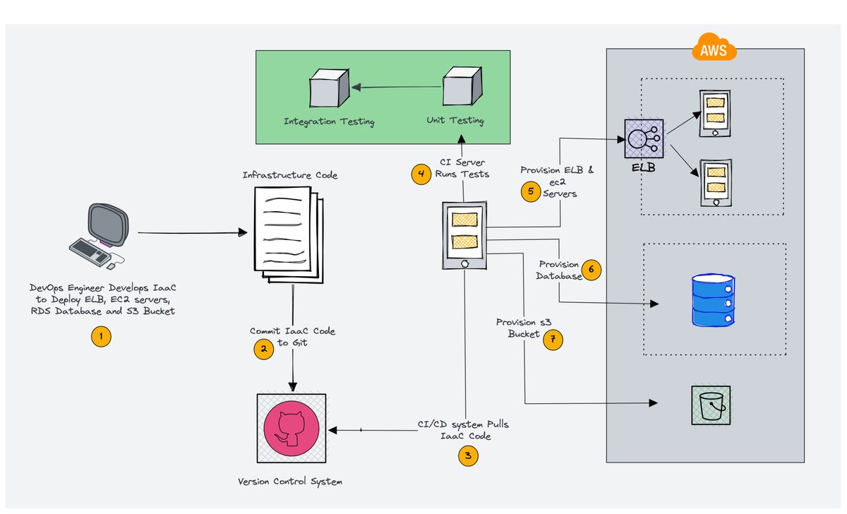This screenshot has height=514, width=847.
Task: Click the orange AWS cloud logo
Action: pyautogui.click(x=714, y=50)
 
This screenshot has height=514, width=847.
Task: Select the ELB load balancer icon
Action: pyautogui.click(x=642, y=139)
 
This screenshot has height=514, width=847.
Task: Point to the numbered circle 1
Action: pyautogui.click(x=102, y=337)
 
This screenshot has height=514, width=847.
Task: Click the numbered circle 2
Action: pyautogui.click(x=264, y=349)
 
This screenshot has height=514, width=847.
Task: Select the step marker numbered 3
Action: pyautogui.click(x=468, y=457)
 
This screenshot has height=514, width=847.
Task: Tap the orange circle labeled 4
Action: pyautogui.click(x=421, y=174)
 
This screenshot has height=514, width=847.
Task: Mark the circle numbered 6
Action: pyautogui.click(x=591, y=270)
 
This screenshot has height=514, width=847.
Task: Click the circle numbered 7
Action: pyautogui.click(x=553, y=340)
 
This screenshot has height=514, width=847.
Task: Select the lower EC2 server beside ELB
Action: pyautogui.click(x=715, y=182)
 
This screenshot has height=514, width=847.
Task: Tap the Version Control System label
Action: pyautogui.click(x=290, y=482)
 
